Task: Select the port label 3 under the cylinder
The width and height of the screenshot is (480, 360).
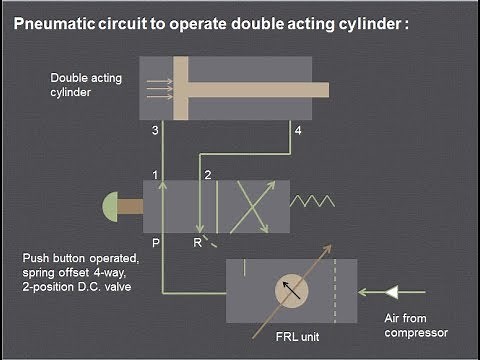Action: pos(155,131)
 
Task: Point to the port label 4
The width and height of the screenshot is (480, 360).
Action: pos(295,131)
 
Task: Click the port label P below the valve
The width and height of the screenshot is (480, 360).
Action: pos(155,241)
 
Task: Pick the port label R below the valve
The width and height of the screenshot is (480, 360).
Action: pos(198,241)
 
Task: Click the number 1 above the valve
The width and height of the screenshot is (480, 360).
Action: pos(156,176)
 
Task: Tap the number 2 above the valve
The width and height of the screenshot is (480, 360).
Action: pos(208,176)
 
